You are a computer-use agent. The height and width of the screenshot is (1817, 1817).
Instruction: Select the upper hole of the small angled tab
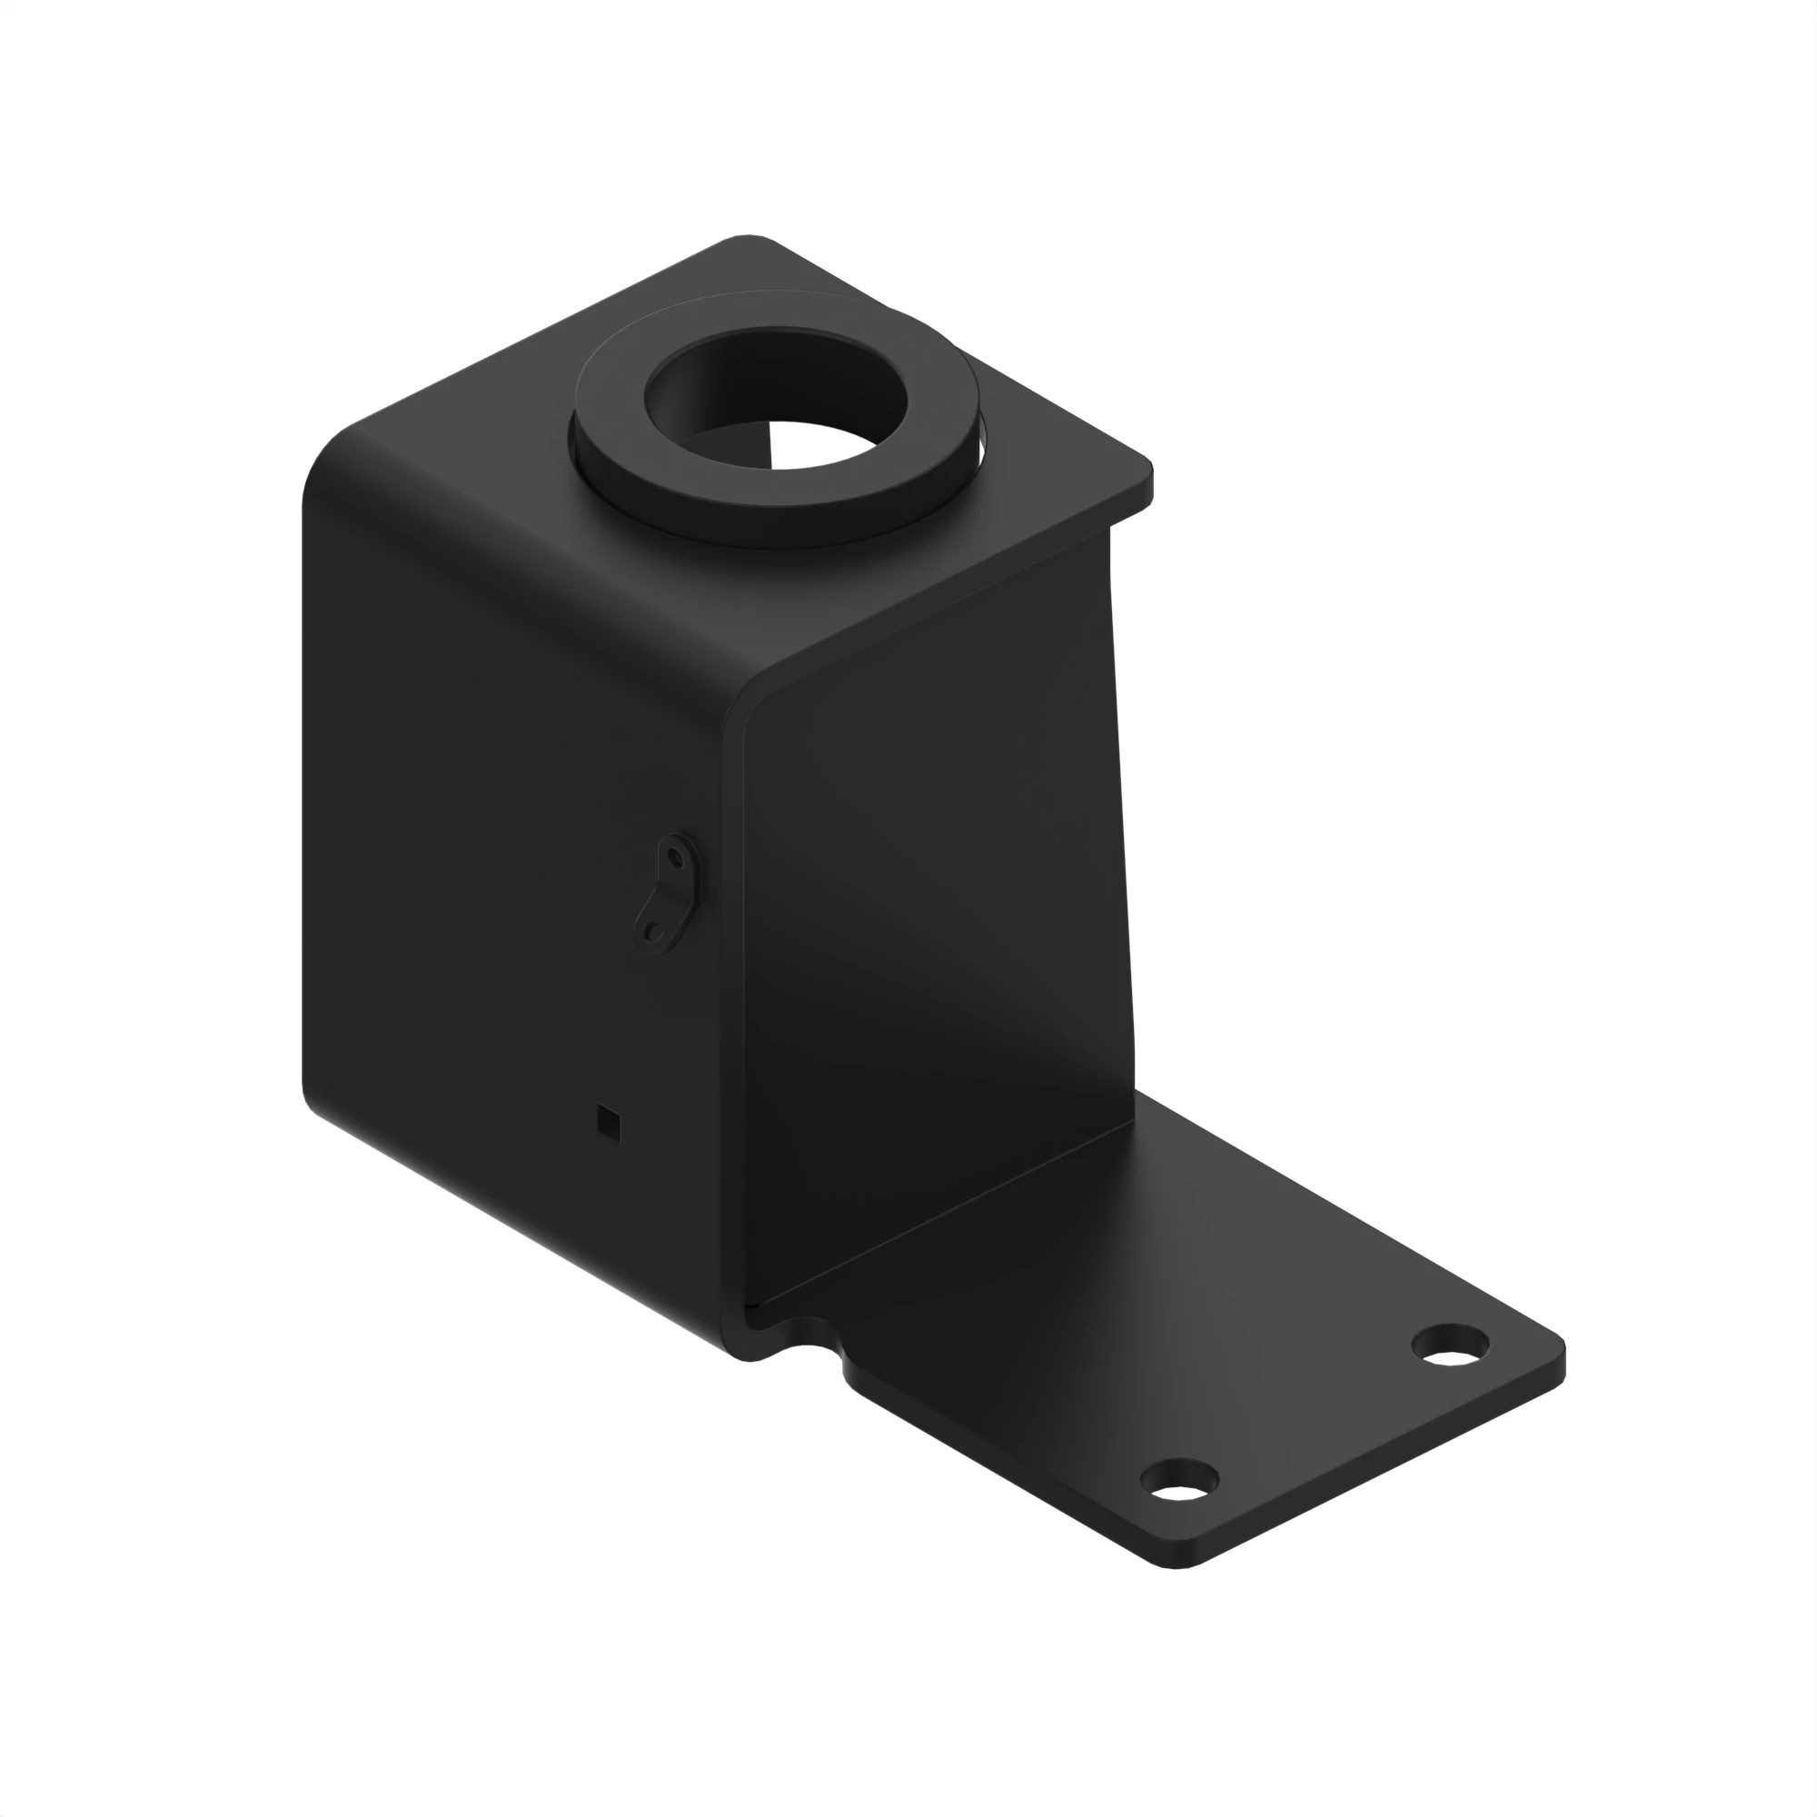pos(674,857)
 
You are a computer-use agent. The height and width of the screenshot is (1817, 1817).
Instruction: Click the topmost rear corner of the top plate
pos(748,239)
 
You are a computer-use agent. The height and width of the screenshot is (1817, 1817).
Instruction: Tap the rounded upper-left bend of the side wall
pos(329,461)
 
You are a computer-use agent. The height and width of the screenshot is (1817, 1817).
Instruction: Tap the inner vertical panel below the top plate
pos(940,893)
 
